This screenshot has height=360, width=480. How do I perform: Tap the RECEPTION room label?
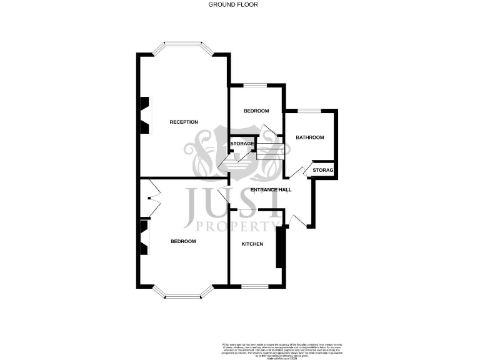[184, 122]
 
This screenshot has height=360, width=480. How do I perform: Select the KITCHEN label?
[252, 244]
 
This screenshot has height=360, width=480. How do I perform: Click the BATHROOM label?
[310, 137]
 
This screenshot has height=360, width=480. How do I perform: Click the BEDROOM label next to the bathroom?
[256, 111]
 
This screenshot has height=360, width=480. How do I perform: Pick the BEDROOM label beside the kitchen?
[183, 241]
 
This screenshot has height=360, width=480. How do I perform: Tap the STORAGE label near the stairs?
[242, 144]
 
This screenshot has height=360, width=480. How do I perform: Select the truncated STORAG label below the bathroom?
[322, 170]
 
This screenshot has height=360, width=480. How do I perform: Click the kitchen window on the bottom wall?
[254, 287]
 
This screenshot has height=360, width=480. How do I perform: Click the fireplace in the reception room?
[144, 116]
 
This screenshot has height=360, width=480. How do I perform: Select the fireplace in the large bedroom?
[144, 237]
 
